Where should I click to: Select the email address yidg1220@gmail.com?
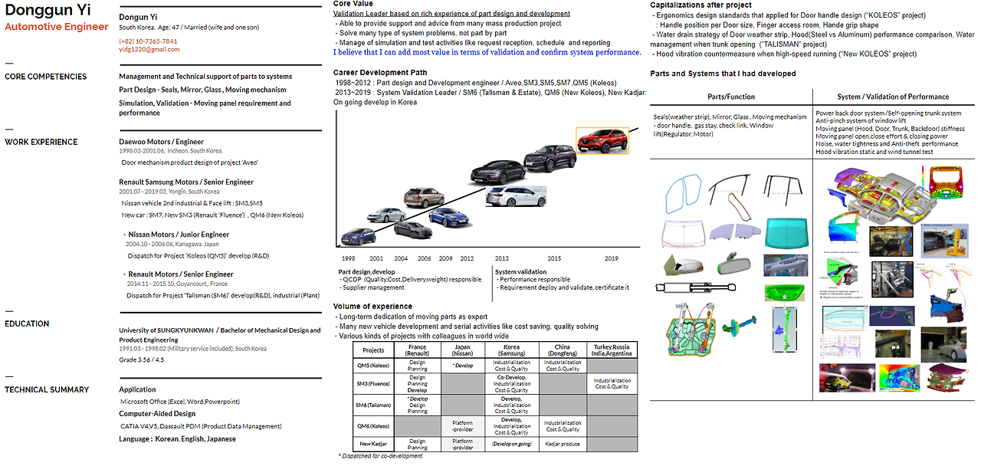[149, 49]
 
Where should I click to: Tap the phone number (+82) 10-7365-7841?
[148, 41]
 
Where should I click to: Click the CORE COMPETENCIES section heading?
[46, 77]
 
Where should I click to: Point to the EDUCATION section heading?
[27, 323]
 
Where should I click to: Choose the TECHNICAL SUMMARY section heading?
[47, 389]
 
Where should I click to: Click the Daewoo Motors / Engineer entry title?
[162, 142]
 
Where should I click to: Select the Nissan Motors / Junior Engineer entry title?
[179, 235]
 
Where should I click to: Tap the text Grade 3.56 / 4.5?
[142, 359]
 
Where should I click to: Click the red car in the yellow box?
[602, 140]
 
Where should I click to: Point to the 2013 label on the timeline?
[501, 259]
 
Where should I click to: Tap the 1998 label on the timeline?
[349, 259]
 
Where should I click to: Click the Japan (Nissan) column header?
[463, 349]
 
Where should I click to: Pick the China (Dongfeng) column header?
[563, 349]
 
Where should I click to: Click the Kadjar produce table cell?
[563, 443]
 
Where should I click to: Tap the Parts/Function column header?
[730, 97]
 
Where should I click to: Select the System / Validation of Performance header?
[893, 97]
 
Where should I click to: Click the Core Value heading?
[353, 4]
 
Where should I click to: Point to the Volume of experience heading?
[373, 307]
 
